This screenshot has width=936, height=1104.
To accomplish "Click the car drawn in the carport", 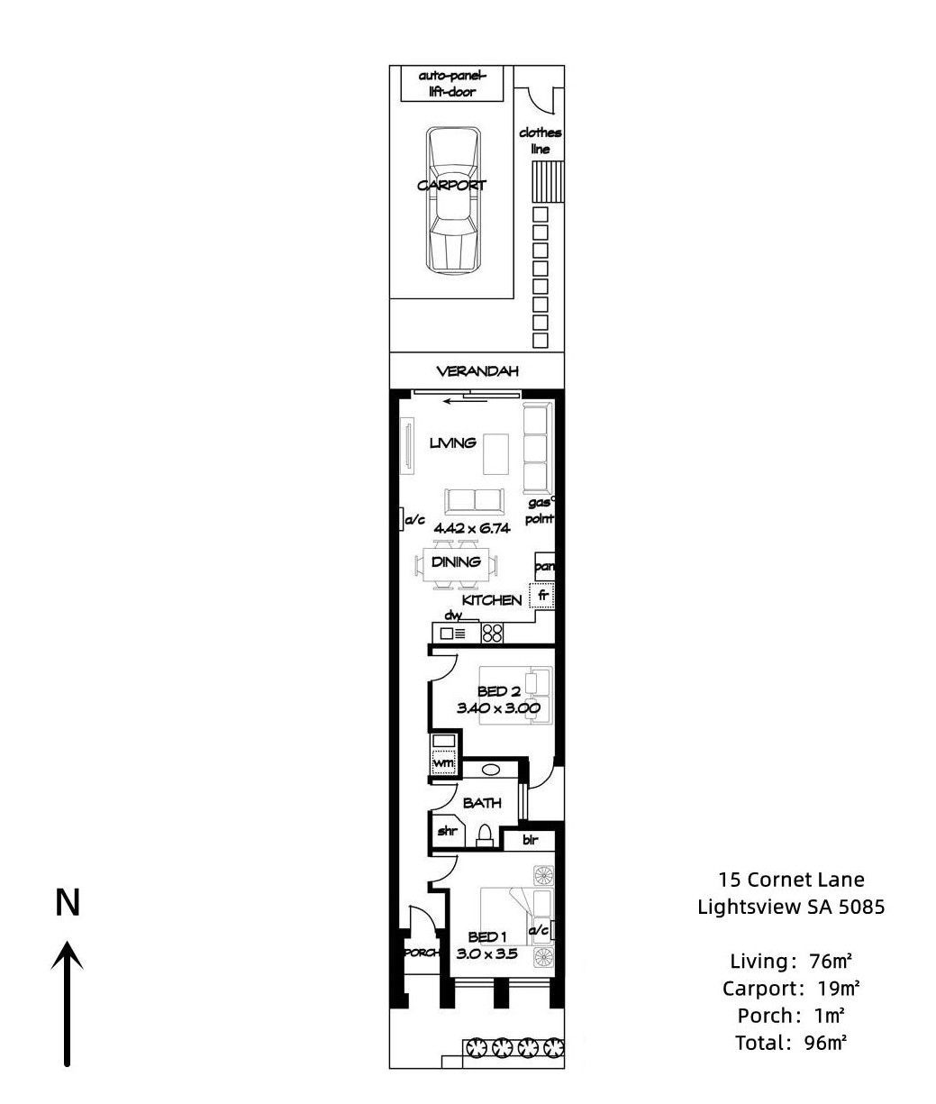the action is (x=452, y=200).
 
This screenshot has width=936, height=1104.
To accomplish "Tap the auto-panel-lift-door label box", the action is (x=451, y=83).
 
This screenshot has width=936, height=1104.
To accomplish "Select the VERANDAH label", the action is (x=477, y=371).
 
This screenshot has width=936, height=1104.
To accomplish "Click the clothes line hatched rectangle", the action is (x=548, y=181).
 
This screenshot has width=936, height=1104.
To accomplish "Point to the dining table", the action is (x=456, y=565).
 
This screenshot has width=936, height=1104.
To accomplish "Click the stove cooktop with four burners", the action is (x=492, y=634).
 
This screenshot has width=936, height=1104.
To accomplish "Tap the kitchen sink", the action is (x=453, y=634).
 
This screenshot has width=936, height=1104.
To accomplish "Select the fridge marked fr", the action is (x=542, y=596).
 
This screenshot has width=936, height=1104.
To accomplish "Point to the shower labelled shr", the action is (x=448, y=831).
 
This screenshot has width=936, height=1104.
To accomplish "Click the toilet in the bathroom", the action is (x=485, y=836).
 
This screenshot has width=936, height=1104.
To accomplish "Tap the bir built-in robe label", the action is (x=530, y=840).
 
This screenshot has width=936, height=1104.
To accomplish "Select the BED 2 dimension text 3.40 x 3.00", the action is (x=498, y=708).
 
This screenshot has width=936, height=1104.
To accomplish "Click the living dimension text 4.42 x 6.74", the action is (x=472, y=528).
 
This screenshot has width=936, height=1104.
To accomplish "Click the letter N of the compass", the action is (x=68, y=903).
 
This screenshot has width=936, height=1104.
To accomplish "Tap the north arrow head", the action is (x=68, y=956).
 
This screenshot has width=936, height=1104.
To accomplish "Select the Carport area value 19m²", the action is (x=839, y=988).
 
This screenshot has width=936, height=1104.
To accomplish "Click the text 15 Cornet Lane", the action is (x=791, y=879).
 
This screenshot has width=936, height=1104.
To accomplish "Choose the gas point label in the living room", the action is (x=540, y=511).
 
